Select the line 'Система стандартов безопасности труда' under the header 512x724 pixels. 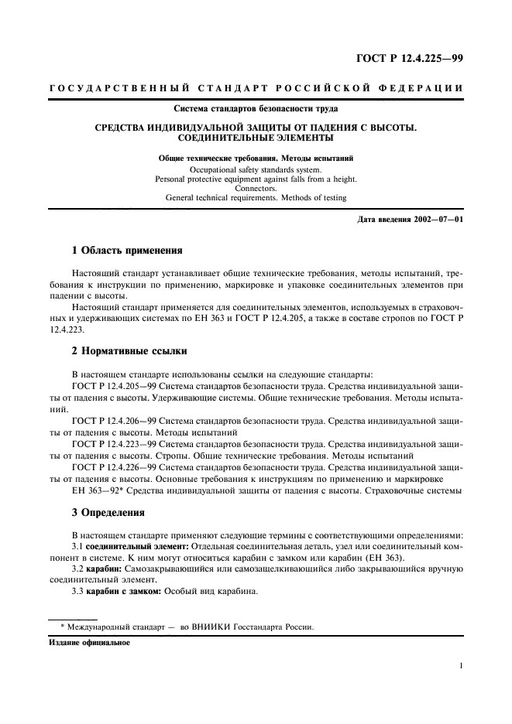(x=256, y=108)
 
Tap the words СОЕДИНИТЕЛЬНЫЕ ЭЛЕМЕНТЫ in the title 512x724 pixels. (x=256, y=138)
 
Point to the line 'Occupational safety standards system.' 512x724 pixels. (x=256, y=168)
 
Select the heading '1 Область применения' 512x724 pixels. (x=127, y=251)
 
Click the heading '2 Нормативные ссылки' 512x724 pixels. (x=129, y=351)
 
